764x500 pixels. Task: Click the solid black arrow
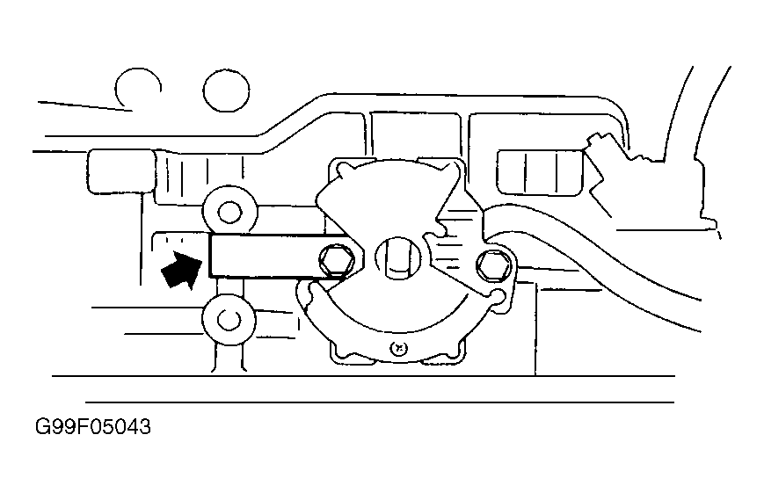(x=181, y=271)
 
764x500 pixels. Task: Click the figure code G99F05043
(x=93, y=427)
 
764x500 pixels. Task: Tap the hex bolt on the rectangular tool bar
(x=337, y=261)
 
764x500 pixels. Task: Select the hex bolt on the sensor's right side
(x=493, y=267)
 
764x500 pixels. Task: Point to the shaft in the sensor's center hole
(x=397, y=258)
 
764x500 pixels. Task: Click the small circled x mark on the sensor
(x=399, y=349)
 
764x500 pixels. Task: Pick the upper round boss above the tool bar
(x=229, y=211)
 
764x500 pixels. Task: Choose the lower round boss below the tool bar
(x=229, y=319)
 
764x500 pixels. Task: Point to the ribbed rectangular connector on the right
(x=541, y=173)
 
